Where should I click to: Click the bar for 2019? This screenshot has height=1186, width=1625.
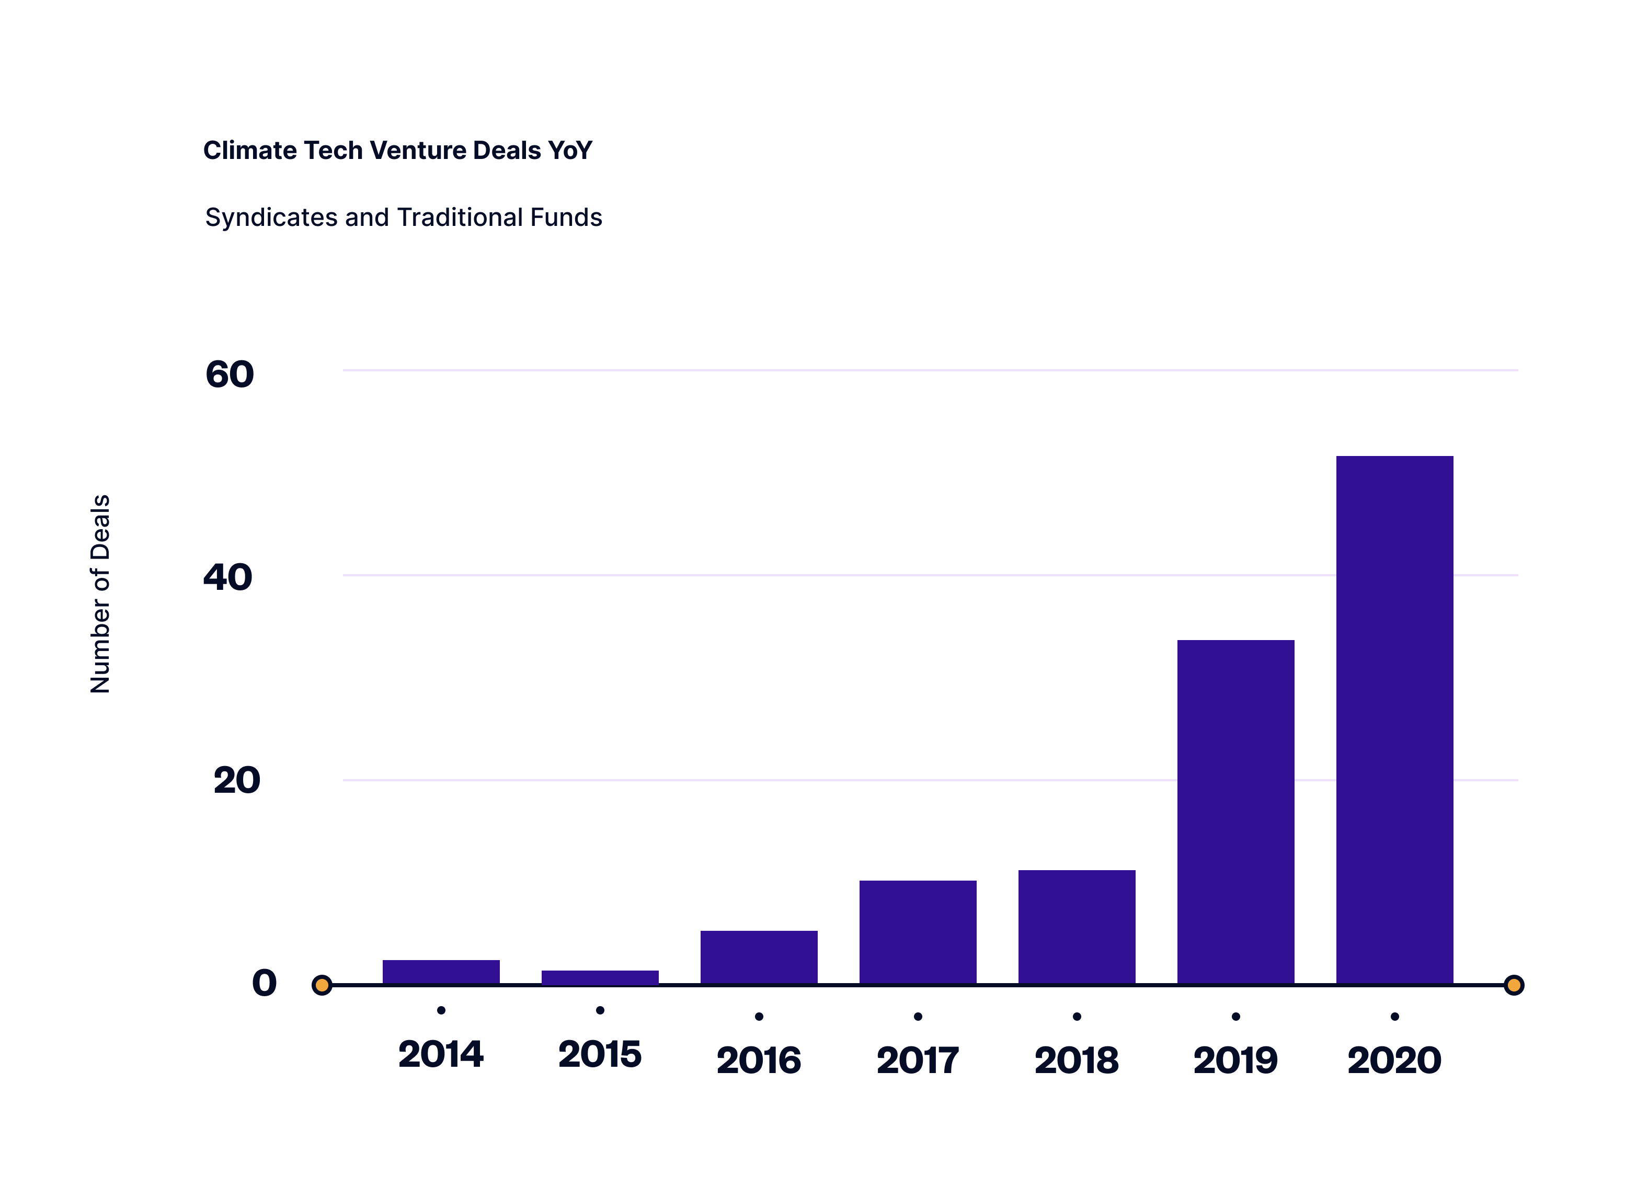pos(1235,811)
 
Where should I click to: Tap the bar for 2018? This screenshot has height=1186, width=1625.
pos(1077,927)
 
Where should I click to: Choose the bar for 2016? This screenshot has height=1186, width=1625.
pos(759,957)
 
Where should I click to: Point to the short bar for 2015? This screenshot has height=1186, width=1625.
pos(600,977)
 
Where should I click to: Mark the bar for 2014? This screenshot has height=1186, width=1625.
pos(441,972)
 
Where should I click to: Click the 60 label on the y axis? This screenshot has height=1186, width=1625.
pos(230,374)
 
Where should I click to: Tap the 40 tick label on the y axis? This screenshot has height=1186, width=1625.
pos(227,577)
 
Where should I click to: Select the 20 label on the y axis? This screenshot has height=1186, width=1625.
pos(236,780)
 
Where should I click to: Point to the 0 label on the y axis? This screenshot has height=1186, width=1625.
pos(264,983)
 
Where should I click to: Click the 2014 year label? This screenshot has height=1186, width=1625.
pos(441,1054)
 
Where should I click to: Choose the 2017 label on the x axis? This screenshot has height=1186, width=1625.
pos(917,1060)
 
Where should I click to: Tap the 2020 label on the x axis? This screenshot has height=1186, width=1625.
pos(1394,1060)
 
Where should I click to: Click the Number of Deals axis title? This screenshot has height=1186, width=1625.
pos(100,594)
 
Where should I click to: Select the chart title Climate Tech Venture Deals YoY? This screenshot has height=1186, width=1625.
pos(398,150)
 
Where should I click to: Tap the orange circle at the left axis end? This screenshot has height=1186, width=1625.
pos(322,985)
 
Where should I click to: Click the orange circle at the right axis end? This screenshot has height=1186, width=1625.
pos(1514,985)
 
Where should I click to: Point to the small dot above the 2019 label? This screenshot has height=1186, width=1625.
pos(1235,1017)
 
